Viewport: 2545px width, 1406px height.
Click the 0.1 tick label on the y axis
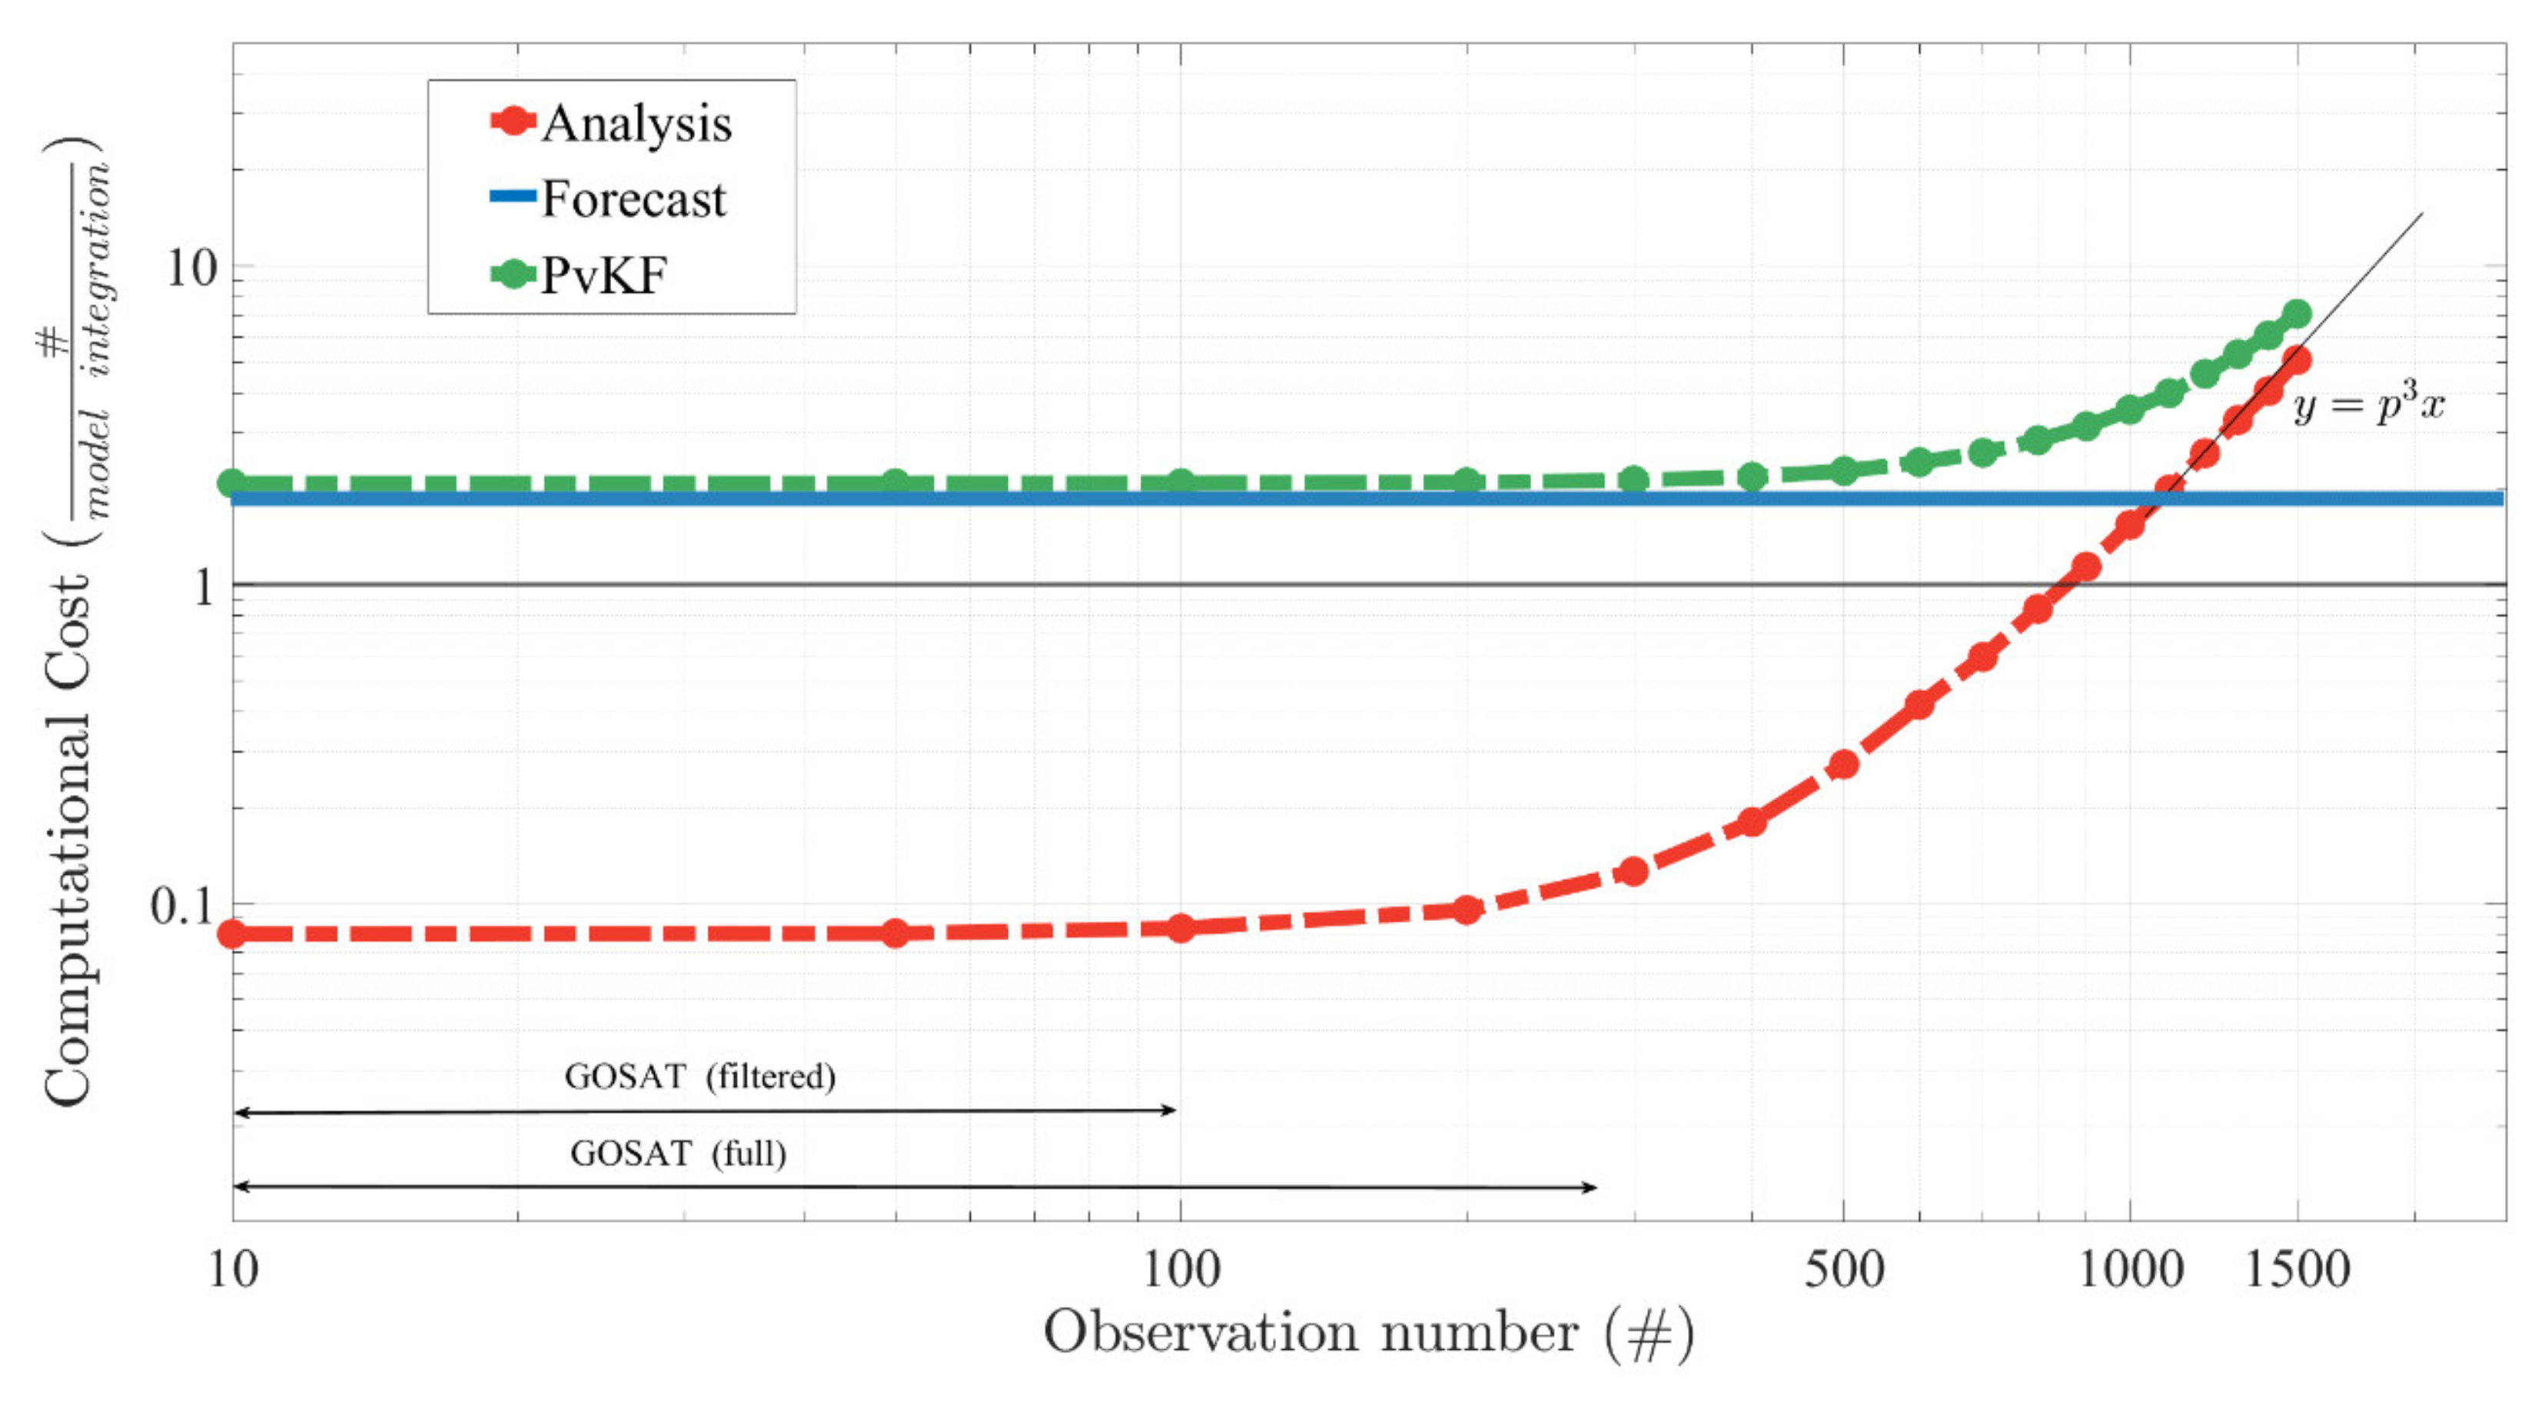pos(181,905)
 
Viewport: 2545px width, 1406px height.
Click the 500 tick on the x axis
pos(1843,1268)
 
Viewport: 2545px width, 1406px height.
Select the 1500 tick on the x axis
pos(2297,1268)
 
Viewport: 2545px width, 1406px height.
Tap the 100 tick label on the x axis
pos(1181,1268)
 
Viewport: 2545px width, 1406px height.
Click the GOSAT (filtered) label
pos(699,1076)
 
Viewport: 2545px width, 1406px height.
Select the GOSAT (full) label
pos(678,1153)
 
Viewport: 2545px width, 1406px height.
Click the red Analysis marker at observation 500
pos(1843,764)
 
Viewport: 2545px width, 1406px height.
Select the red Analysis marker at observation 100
pos(1181,928)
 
